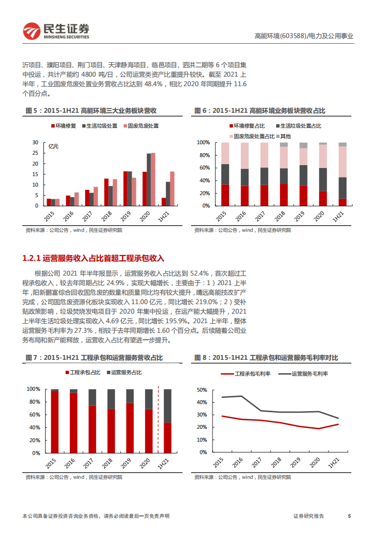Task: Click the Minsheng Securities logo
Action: pos(56,31)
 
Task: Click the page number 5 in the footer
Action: pos(349,516)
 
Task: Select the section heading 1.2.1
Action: pos(93,258)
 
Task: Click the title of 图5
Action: pos(91,111)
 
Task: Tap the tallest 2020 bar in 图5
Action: pos(153,179)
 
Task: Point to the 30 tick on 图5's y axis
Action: pos(35,142)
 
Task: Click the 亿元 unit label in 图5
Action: pos(53,146)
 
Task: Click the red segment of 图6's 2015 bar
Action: pos(225,195)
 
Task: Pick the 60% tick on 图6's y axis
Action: pos(203,168)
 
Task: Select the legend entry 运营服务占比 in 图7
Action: pos(123,372)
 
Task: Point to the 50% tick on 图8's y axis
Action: pos(201,390)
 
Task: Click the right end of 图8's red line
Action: pos(338,424)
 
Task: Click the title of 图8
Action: pos(266,358)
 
